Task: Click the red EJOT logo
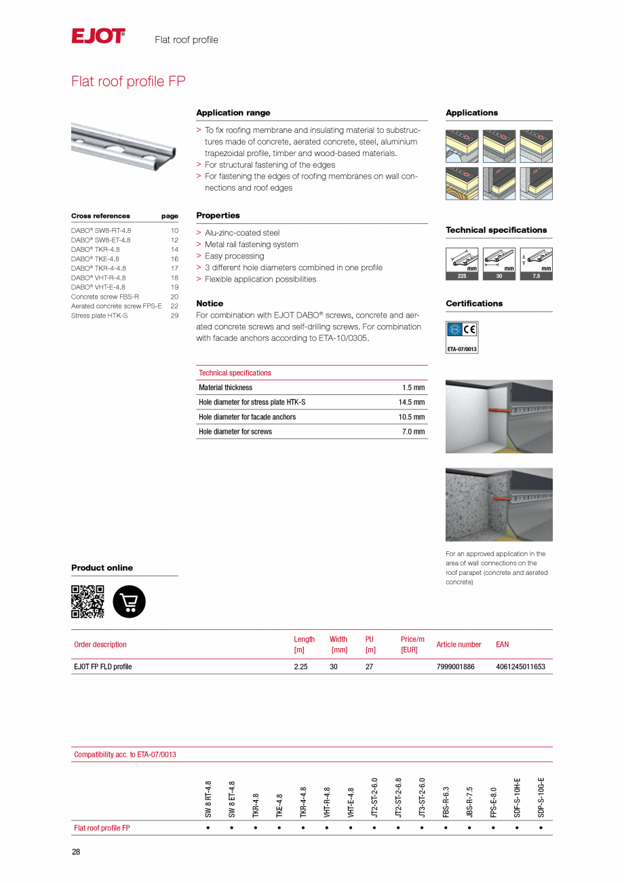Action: pos(98,36)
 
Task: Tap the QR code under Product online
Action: pos(87,601)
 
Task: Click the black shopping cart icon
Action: pos(129,601)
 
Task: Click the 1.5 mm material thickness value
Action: pos(413,388)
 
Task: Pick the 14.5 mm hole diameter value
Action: pos(411,402)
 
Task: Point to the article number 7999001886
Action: pos(455,666)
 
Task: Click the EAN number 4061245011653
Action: pos(520,666)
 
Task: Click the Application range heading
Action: pos(233,113)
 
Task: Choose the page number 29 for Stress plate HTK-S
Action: pos(174,316)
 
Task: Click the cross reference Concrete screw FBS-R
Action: pos(105,297)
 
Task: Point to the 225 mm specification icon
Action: pos(462,263)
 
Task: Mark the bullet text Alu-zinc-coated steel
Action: pos(242,233)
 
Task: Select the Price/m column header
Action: pos(412,644)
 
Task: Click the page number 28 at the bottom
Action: pos(76,852)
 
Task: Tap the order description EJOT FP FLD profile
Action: pos(103,666)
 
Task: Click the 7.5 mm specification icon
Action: pos(536,263)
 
